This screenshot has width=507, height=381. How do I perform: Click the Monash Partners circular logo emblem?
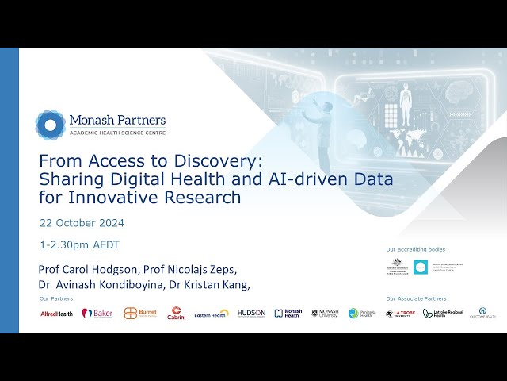50,124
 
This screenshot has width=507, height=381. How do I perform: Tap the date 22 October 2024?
82,223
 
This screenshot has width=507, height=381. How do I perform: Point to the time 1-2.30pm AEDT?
79,244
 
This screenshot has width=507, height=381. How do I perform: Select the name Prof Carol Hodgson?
86,269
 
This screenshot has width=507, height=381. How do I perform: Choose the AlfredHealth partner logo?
57,314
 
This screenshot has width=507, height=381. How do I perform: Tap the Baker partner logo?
97,314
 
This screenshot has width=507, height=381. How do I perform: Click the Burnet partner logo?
140,314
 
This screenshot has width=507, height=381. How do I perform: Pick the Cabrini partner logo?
176,313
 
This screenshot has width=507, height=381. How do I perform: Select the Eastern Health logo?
212,314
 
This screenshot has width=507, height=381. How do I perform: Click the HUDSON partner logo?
251,314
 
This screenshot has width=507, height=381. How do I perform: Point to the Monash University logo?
325,314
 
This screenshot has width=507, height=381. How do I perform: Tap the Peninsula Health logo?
360,314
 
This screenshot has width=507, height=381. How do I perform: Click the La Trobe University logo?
400,314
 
